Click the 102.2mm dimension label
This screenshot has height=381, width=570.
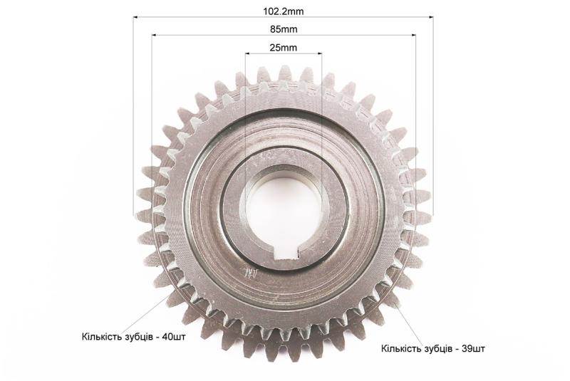283,11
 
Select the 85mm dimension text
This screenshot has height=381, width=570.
284,29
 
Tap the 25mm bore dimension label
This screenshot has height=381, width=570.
283,48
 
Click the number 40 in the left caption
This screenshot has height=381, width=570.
168,337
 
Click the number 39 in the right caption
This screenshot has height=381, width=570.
467,349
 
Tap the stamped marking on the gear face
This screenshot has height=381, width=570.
252,273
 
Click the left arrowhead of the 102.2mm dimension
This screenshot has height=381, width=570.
135,16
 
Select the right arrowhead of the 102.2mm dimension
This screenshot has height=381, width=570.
431,16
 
